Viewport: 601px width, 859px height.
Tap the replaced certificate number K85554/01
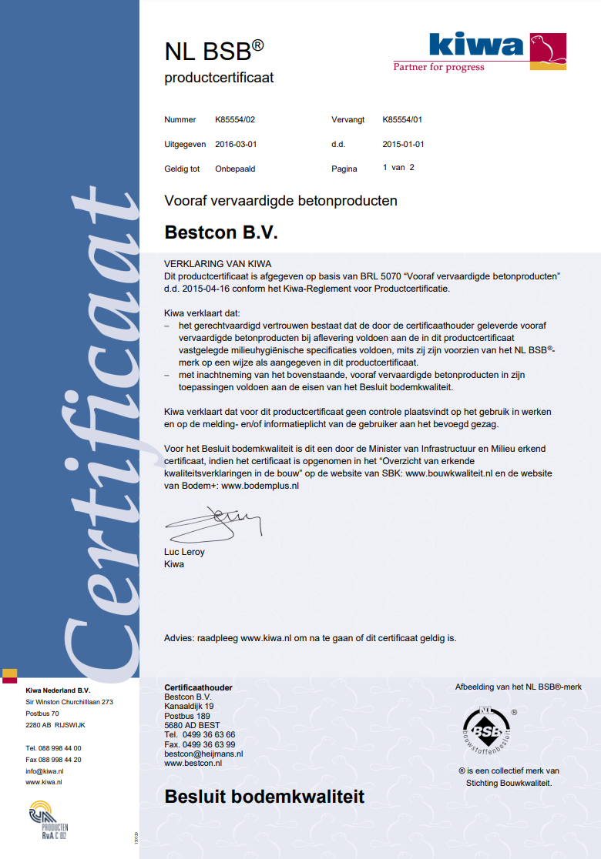[x=402, y=120]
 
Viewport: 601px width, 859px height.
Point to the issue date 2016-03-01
[x=236, y=144]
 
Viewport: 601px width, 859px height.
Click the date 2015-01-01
[x=403, y=144]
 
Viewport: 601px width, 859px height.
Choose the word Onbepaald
[x=235, y=169]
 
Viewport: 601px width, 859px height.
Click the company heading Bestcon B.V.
[x=221, y=232]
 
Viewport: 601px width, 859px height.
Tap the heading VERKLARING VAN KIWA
[x=218, y=263]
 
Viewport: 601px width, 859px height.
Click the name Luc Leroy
[x=185, y=552]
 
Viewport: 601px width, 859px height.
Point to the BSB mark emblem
[x=486, y=728]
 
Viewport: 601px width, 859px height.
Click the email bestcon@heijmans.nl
[x=203, y=754]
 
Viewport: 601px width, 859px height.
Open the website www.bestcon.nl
[x=193, y=763]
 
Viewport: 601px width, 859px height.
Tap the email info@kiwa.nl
[x=45, y=770]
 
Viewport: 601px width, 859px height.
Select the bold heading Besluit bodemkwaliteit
[x=264, y=797]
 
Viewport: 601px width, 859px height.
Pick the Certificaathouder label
[x=199, y=687]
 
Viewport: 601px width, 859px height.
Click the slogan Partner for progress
[x=439, y=67]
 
